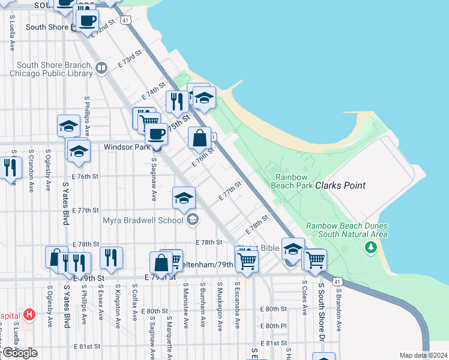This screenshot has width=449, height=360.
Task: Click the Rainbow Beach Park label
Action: click(x=294, y=181)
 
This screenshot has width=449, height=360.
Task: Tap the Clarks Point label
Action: click(x=340, y=185)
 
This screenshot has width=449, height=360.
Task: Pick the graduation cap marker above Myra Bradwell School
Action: click(x=184, y=199)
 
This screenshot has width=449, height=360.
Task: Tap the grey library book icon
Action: click(x=101, y=69)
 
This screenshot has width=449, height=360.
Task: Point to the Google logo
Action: click(x=19, y=353)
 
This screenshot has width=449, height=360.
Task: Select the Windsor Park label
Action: click(x=126, y=146)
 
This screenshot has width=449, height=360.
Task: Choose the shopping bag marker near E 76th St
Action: click(x=199, y=139)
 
